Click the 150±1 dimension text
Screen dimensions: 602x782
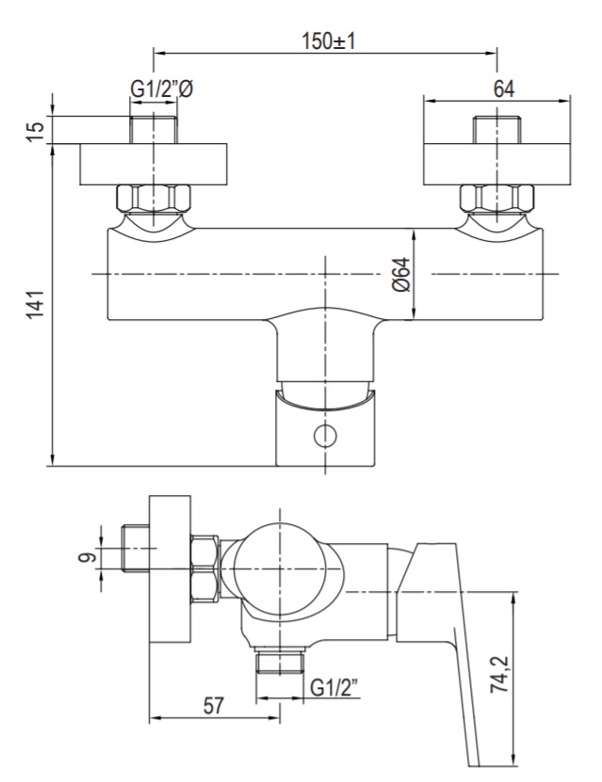328,40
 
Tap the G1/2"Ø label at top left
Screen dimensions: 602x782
162,89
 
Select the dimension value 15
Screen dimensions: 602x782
36,131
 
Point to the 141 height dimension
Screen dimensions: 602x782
36,304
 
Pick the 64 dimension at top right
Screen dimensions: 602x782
504,88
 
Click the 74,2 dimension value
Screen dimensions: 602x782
499,675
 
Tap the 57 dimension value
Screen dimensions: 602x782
214,706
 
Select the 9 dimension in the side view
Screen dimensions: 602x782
87,557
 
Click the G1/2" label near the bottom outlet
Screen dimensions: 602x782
334,688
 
